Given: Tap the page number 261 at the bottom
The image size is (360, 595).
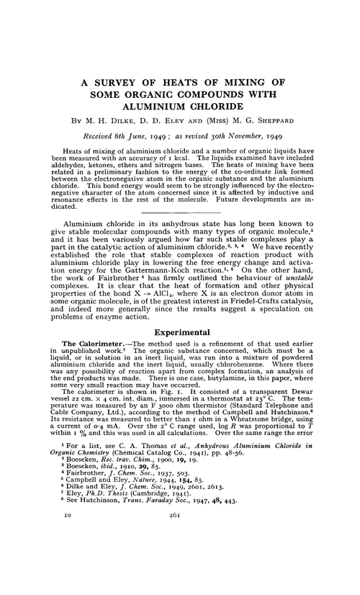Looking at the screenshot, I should pyautogui.click(x=180, y=577).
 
